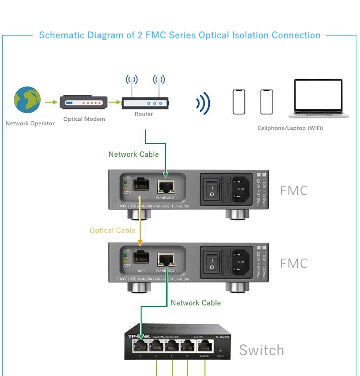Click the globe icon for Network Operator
pyautogui.click(x=27, y=100)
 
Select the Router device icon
pyautogui.click(x=144, y=103)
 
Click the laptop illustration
pyautogui.click(x=318, y=99)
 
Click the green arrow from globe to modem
pyautogui.click(x=51, y=102)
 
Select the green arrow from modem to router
pyautogui.click(x=114, y=102)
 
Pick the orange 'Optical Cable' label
pyautogui.click(x=112, y=231)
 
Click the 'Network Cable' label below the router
pyautogui.click(x=133, y=154)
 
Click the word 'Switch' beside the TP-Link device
pyautogui.click(x=261, y=351)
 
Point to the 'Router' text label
pyautogui.click(x=144, y=114)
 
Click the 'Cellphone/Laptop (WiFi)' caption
pyautogui.click(x=290, y=128)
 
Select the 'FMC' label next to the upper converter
pyautogui.click(x=293, y=190)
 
